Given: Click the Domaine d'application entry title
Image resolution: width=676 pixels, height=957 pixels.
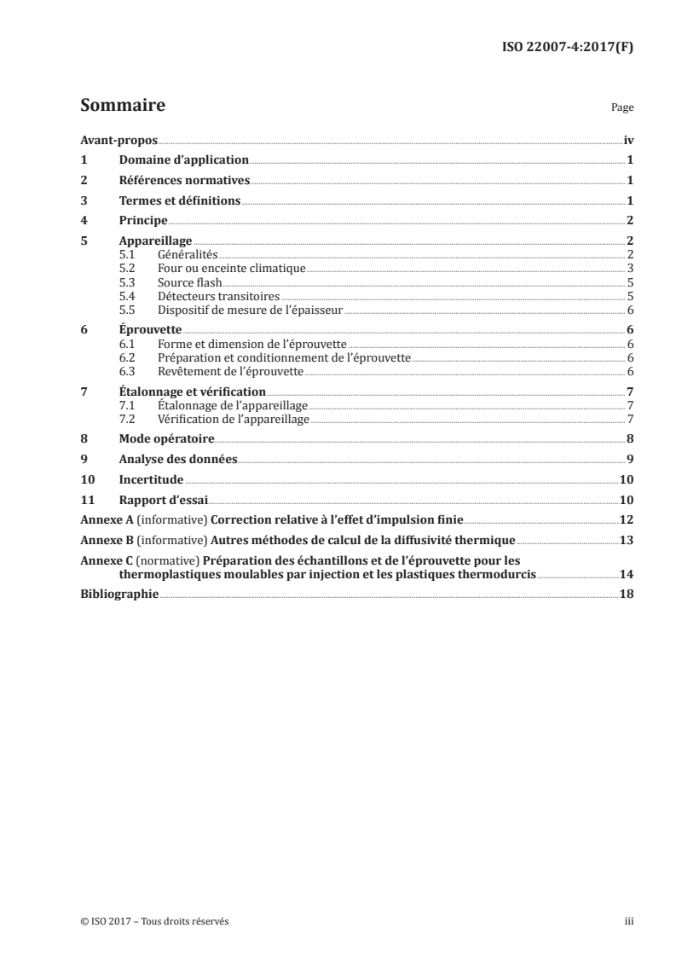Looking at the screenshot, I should [x=183, y=160].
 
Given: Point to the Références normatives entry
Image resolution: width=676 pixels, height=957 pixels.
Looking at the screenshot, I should [x=184, y=181].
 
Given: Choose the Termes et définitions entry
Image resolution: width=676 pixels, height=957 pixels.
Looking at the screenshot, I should [x=180, y=201].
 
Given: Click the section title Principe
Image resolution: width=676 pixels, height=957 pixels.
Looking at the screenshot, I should [x=142, y=221].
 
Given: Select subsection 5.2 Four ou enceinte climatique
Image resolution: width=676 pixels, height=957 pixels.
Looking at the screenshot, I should [x=231, y=269].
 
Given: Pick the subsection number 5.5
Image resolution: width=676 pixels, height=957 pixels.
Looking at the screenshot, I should [x=128, y=310].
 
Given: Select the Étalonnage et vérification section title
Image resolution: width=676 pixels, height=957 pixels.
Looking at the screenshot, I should [x=193, y=391].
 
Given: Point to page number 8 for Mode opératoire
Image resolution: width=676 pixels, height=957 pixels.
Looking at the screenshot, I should [x=629, y=439].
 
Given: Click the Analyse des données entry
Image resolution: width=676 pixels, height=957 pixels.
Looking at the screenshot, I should [x=177, y=460].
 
